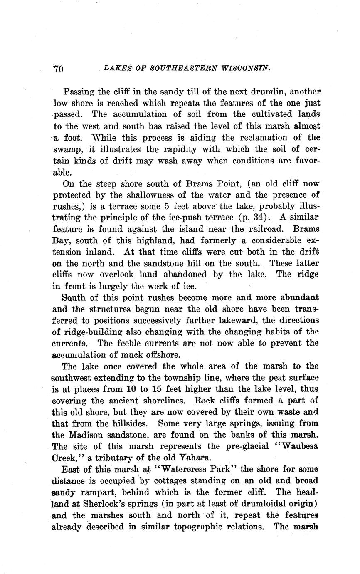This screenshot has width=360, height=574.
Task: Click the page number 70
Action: [x=58, y=69]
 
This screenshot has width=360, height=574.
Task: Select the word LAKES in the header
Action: [x=116, y=67]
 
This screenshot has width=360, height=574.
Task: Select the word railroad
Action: [x=266, y=229]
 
